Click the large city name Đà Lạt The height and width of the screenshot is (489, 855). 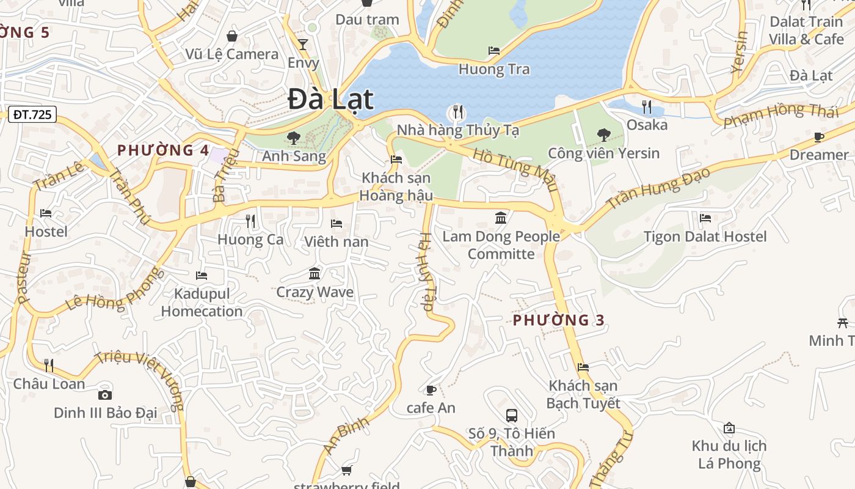click(x=330, y=100)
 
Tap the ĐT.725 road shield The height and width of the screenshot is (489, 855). click(x=33, y=114)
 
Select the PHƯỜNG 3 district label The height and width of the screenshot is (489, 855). click(x=558, y=320)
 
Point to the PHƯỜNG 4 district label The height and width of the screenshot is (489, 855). click(x=163, y=150)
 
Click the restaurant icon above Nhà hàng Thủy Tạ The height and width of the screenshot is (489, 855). click(x=457, y=112)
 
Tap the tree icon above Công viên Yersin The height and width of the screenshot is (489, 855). click(x=603, y=135)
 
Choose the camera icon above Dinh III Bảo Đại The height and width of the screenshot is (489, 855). click(x=105, y=395)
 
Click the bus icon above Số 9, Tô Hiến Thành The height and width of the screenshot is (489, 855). click(x=512, y=416)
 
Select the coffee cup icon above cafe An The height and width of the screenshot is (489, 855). click(x=431, y=390)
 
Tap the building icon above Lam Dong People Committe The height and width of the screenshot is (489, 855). click(x=501, y=218)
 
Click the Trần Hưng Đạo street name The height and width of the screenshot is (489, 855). click(x=658, y=186)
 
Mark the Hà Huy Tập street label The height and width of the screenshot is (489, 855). click(x=426, y=272)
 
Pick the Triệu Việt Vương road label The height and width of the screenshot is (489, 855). click(x=140, y=380)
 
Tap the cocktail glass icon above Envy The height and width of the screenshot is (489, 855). click(x=302, y=45)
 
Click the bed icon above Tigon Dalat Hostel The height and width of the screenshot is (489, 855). click(x=705, y=218)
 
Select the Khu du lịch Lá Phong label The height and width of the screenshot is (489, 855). click(x=729, y=454)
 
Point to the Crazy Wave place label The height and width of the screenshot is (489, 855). click(x=315, y=292)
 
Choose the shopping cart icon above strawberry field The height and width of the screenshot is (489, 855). click(x=346, y=470)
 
